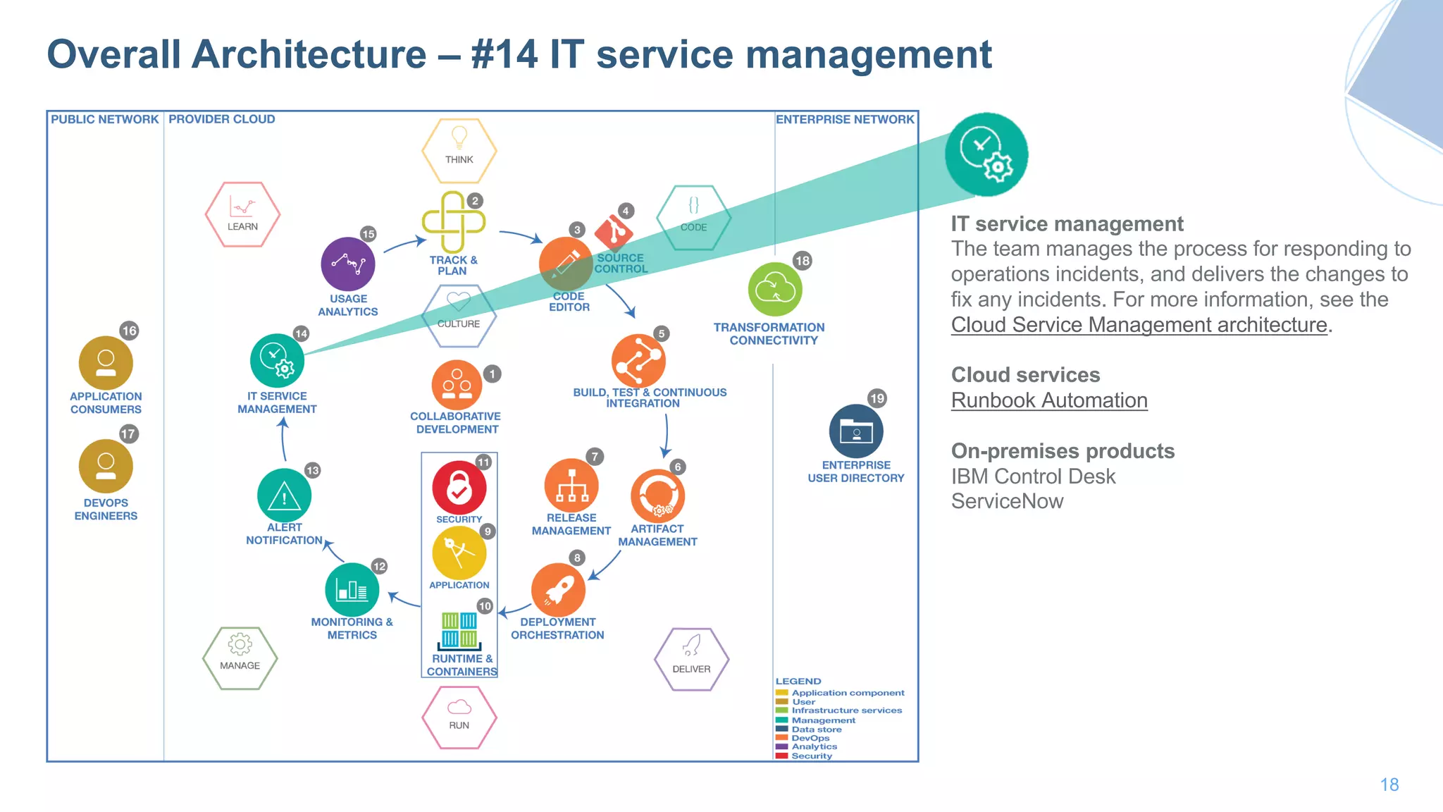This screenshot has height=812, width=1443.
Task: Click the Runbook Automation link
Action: [1048, 400]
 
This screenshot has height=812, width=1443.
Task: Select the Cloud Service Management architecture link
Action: [1139, 325]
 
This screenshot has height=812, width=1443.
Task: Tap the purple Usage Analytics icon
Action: [348, 264]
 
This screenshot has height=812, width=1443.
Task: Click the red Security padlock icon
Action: [459, 487]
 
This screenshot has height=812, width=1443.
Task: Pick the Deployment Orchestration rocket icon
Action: [558, 590]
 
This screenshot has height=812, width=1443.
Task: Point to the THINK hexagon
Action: [459, 150]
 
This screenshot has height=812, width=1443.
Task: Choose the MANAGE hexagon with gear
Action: [240, 657]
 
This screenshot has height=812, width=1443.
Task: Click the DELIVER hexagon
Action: [691, 659]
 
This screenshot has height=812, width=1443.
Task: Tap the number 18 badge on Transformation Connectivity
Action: [802, 261]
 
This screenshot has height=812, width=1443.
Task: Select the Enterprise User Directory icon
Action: [856, 431]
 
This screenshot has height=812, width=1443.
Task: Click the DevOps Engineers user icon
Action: [106, 467]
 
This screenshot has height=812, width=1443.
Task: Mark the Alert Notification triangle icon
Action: [284, 496]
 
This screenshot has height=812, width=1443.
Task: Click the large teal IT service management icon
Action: [986, 154]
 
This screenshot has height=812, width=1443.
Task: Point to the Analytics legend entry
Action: [814, 746]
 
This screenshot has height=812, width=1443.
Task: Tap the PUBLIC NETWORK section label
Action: [104, 119]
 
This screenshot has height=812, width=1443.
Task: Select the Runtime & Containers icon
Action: [459, 630]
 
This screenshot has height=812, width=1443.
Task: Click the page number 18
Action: [1389, 785]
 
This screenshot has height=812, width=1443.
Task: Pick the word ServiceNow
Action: [1006, 501]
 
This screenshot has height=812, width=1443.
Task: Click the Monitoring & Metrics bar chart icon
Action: [352, 590]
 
